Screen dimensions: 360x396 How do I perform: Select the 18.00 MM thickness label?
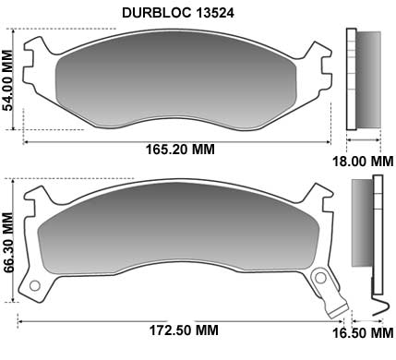pyautogui.click(x=363, y=161)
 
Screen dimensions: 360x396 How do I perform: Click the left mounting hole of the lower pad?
pyautogui.click(x=36, y=285)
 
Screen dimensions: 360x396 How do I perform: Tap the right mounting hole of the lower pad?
pyautogui.click(x=320, y=277)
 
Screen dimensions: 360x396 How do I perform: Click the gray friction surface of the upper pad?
pyautogui.click(x=175, y=83)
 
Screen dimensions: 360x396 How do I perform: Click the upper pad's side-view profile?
pyautogui.click(x=362, y=78)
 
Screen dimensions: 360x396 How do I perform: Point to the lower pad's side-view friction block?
pyautogui.click(x=361, y=231)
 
